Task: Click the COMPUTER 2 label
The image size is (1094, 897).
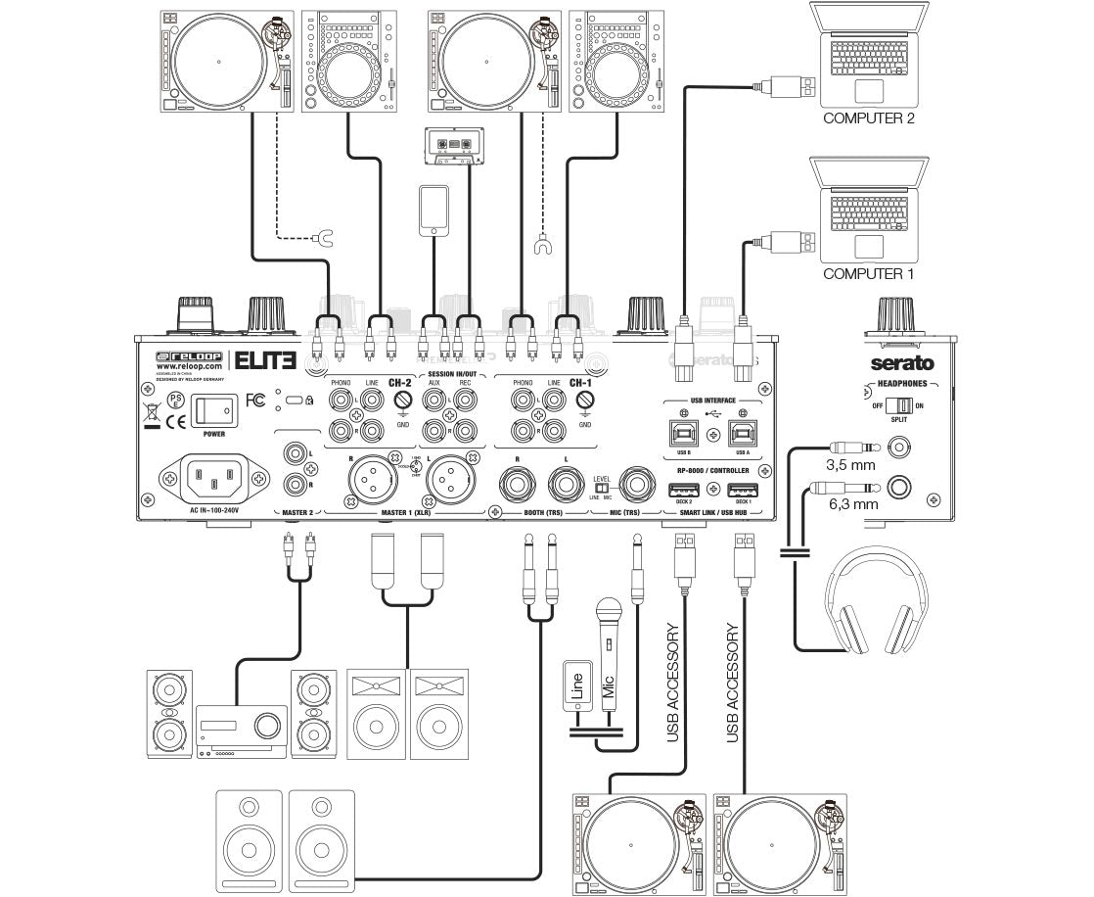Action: [868, 118]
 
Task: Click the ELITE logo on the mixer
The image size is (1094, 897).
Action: [264, 358]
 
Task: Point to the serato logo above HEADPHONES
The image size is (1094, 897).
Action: [902, 363]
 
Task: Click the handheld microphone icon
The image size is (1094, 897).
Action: [608, 646]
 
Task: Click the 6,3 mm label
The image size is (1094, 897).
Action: [850, 503]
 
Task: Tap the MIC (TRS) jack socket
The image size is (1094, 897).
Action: [638, 484]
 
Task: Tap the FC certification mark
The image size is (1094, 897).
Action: [255, 400]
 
